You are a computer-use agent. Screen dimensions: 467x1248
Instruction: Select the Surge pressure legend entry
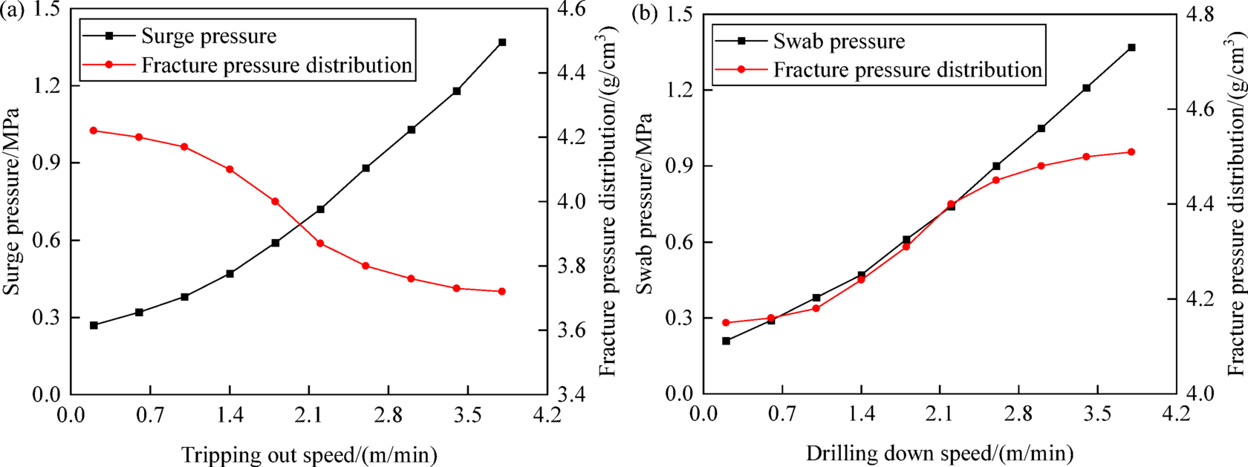[x=209, y=36]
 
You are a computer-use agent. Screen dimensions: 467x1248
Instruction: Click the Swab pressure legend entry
[x=839, y=41]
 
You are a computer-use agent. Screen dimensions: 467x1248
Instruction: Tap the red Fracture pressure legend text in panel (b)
[x=907, y=70]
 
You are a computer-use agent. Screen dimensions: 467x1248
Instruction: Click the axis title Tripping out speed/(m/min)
[x=309, y=454]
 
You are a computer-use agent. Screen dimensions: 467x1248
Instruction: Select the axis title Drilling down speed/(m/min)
[x=940, y=453]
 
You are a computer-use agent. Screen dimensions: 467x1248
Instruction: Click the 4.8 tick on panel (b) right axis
[x=1203, y=14]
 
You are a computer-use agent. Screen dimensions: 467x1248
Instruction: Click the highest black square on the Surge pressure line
[x=502, y=42]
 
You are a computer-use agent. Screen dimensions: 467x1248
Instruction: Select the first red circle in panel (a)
[x=94, y=131]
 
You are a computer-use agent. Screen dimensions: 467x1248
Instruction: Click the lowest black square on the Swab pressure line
[x=726, y=341]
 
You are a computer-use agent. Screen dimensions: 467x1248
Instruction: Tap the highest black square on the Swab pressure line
[x=1131, y=48]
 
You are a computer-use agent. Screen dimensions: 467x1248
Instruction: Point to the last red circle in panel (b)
[x=1131, y=152]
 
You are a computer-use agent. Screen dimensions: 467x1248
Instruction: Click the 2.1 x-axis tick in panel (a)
[x=309, y=414]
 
